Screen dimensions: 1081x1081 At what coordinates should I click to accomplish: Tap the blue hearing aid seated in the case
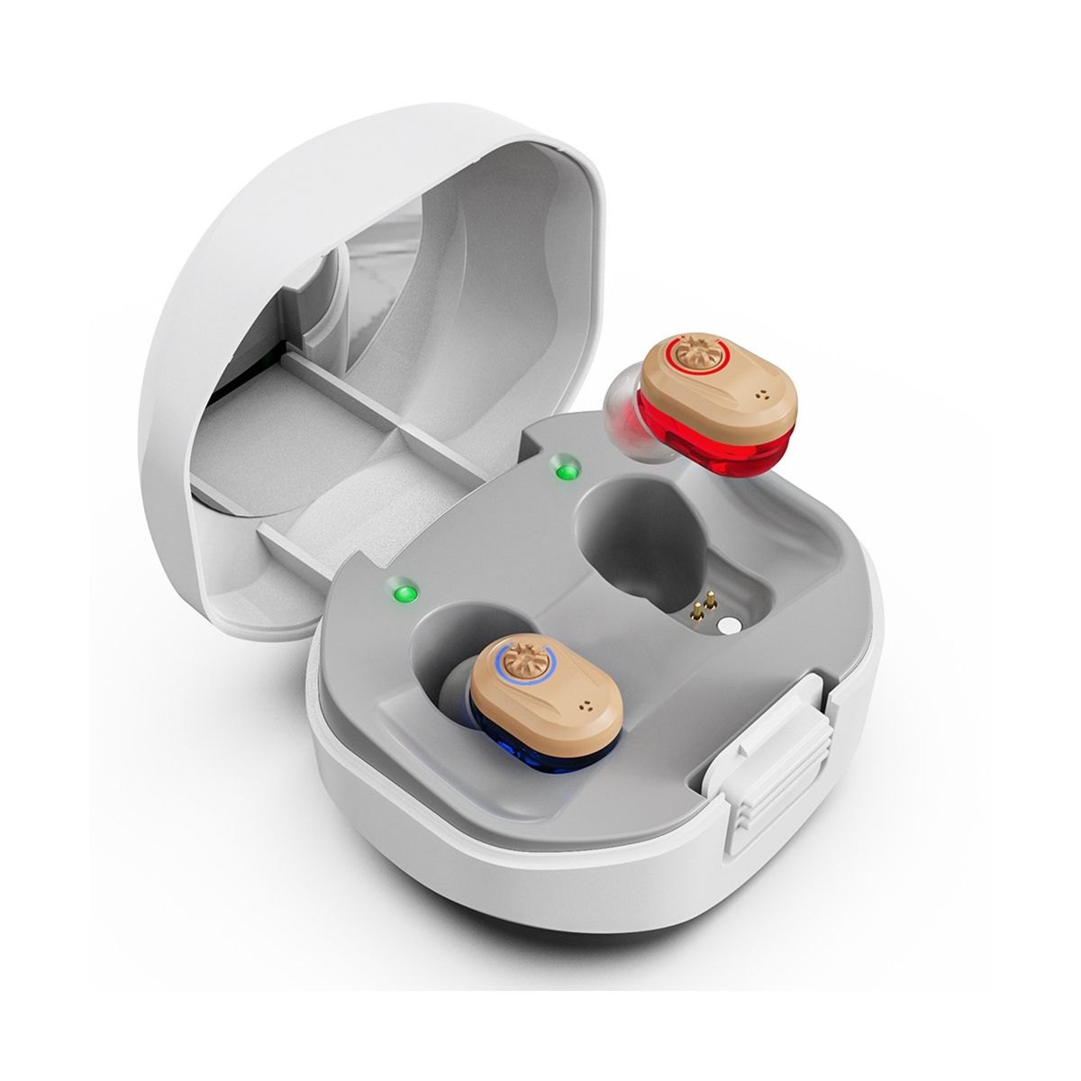click(550, 698)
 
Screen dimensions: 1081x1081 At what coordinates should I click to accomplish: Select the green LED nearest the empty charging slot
click(567, 470)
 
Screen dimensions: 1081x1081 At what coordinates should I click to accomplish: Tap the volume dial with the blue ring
click(522, 663)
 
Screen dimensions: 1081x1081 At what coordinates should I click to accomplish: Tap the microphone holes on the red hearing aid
click(766, 394)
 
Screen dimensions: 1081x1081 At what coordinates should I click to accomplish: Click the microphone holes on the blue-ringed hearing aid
click(590, 708)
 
